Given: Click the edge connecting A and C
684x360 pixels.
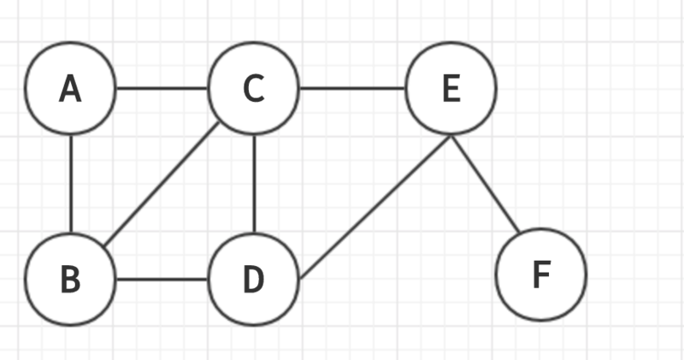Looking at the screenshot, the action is click(162, 88).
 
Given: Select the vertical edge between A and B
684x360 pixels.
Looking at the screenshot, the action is click(71, 183).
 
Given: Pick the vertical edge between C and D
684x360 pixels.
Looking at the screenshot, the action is click(254, 183).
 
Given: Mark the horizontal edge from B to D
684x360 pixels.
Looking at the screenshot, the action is click(162, 279).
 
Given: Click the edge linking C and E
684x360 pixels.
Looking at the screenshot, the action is click(352, 88).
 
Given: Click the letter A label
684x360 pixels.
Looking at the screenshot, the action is click(70, 89).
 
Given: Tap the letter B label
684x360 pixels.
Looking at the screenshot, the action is click(70, 280).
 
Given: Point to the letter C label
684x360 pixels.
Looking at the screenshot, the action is click(253, 89).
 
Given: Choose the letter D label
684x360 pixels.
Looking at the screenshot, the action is click(253, 280).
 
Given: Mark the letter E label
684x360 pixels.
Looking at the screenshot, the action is click(451, 89).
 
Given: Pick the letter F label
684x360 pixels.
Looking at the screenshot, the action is click(541, 274).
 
